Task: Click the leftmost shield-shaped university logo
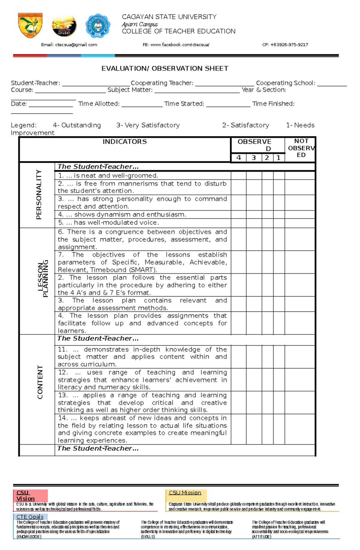pyautogui.click(x=30, y=25)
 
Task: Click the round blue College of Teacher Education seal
pyautogui.click(x=98, y=26)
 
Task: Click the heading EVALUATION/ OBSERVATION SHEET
pyautogui.click(x=165, y=69)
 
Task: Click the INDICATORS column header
pyautogui.click(x=124, y=142)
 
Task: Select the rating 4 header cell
pyautogui.click(x=238, y=158)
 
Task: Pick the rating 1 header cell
pyautogui.click(x=279, y=158)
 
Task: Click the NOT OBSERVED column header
pyautogui.click(x=301, y=148)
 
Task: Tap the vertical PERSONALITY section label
pyautogui.click(x=39, y=195)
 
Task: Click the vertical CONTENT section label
pyautogui.click(x=40, y=382)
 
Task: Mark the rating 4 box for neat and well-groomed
pyautogui.click(x=238, y=176)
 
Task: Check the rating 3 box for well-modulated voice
pyautogui.click(x=254, y=223)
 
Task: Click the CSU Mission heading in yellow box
pyautogui.click(x=185, y=493)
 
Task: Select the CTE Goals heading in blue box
pyautogui.click(x=30, y=517)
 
